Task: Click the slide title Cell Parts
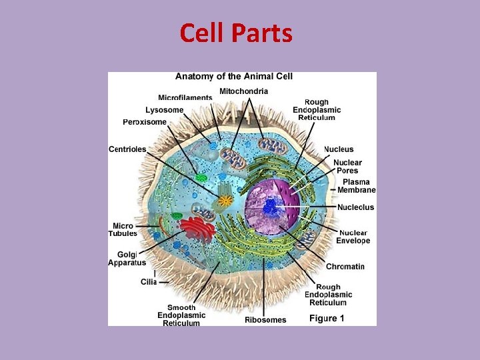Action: (236, 33)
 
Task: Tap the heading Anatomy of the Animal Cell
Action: (234, 77)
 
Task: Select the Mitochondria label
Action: (243, 91)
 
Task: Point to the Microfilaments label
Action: (185, 97)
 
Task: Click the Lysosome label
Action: (165, 109)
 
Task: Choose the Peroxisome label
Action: (145, 122)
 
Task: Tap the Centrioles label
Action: (127, 149)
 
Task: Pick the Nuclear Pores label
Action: (347, 167)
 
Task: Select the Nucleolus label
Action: (355, 207)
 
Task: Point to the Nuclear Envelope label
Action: (353, 237)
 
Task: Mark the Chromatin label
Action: (345, 267)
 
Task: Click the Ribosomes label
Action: (265, 320)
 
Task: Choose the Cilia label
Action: (148, 282)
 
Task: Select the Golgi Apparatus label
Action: (127, 259)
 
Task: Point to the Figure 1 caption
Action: (327, 319)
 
